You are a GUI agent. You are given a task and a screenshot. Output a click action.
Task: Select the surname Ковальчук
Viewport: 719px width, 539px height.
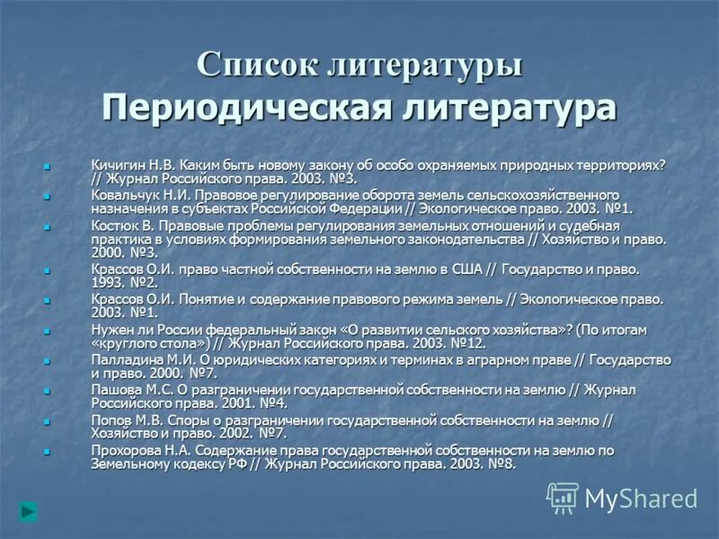tap(124, 194)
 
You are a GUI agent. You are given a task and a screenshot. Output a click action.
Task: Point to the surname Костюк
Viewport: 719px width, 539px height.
tap(113, 226)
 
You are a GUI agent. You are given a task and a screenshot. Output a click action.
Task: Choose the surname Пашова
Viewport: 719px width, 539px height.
tap(114, 389)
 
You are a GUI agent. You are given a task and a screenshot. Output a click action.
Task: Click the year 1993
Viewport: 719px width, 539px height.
tap(108, 282)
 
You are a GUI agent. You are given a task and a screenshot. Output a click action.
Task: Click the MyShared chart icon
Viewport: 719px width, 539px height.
tap(564, 498)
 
